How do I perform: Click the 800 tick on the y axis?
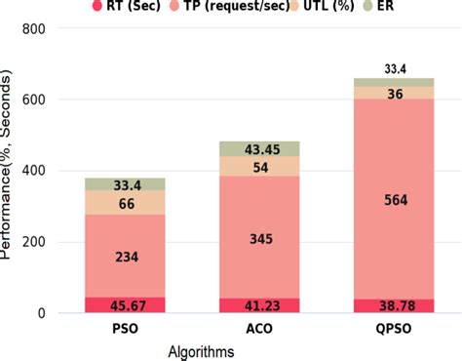pyautogui.click(x=33, y=28)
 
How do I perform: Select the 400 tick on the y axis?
pyautogui.click(x=33, y=171)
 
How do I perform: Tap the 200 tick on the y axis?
pyautogui.click(x=33, y=242)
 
